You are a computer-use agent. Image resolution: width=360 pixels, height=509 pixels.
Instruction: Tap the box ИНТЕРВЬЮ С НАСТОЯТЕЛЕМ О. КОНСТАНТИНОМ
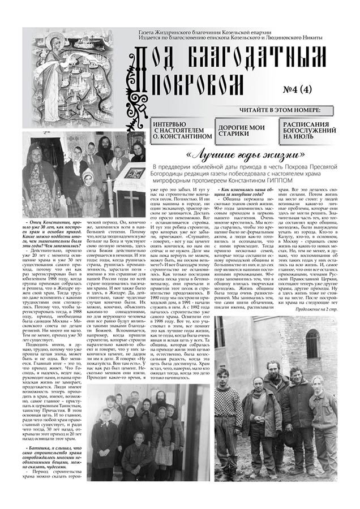(x=178, y=130)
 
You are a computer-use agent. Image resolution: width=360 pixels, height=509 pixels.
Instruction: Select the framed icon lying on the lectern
(x=134, y=173)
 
